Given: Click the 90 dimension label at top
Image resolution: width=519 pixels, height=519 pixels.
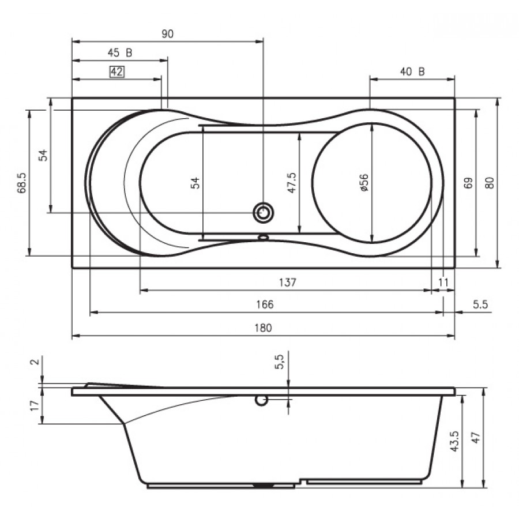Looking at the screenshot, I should pos(167,34).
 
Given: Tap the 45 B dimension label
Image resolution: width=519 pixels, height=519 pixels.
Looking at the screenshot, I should pos(120,53).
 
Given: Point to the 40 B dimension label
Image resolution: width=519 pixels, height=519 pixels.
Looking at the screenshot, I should pos(412,72).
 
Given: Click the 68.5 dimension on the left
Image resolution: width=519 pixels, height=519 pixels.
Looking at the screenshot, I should pos(22,182).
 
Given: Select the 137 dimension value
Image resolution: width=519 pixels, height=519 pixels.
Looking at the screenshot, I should pos(287,282).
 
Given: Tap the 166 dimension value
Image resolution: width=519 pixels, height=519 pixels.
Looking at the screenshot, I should pos(265,304).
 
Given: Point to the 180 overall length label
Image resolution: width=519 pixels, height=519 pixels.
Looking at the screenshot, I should pos(262,328).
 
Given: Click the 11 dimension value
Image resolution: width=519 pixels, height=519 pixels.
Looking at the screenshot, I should pos(443,282).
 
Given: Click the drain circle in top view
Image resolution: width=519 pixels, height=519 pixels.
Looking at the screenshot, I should pos(264,213).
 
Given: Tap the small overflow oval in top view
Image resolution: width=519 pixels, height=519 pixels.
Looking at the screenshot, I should pos(264,236).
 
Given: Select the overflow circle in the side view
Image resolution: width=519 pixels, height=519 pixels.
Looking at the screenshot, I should pos(261,400).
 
